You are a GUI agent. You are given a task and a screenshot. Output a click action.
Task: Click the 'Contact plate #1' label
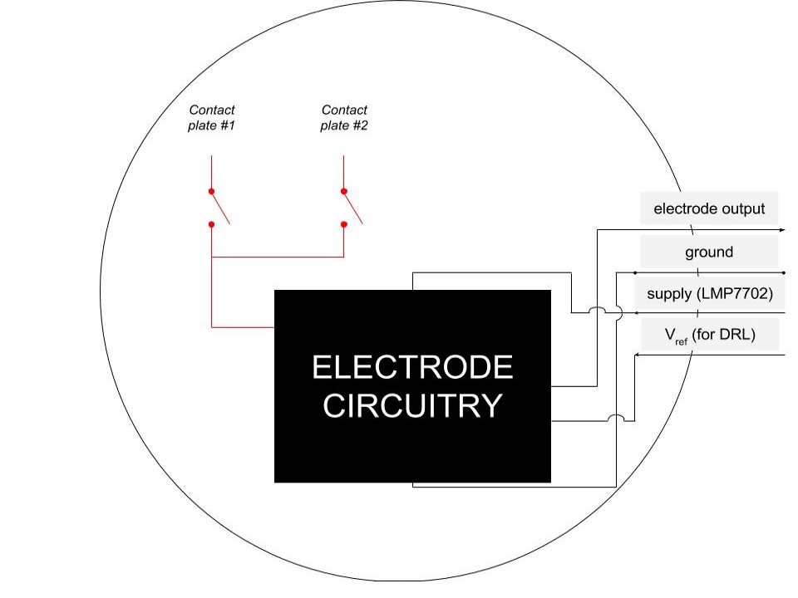click(x=212, y=118)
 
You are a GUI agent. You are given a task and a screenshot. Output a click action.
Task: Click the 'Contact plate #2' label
click(x=344, y=118)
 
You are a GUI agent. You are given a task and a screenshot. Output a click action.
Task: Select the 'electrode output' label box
click(x=709, y=208)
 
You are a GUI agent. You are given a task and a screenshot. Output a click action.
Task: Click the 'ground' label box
click(x=709, y=252)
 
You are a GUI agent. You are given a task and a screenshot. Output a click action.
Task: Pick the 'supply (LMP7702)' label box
click(x=709, y=293)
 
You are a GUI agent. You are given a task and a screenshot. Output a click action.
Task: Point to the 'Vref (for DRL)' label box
click(x=709, y=336)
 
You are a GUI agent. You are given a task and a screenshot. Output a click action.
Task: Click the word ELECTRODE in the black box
click(x=412, y=367)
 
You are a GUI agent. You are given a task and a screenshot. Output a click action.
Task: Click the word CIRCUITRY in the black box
click(x=412, y=406)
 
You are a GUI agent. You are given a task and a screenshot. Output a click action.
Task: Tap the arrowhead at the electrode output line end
click(x=781, y=229)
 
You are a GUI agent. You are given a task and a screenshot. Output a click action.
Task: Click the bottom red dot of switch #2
click(x=344, y=223)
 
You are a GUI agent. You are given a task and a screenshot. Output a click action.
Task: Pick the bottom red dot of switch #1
click(x=212, y=223)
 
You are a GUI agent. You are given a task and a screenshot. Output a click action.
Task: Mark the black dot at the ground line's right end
click(x=784, y=272)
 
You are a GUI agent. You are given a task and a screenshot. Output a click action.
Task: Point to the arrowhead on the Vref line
click(x=638, y=355)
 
